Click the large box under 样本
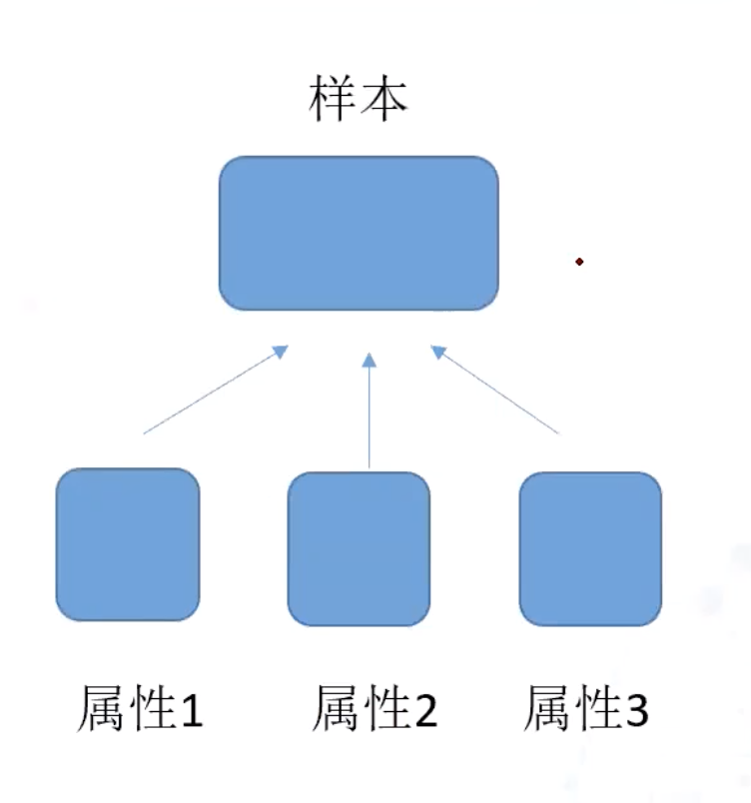point(359,233)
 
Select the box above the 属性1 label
point(128,544)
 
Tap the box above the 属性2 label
point(359,548)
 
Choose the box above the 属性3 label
point(590,548)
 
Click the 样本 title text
point(358,98)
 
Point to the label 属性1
point(140,708)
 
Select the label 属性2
point(375,708)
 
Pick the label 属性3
point(586,708)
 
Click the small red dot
point(579,262)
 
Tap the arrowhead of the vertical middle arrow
point(369,360)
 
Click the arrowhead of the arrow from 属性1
point(281,352)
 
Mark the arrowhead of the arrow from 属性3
point(438,352)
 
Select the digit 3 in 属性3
point(637,710)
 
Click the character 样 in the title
point(332,98)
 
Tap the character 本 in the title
point(383,98)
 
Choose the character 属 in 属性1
point(101,708)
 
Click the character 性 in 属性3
point(598,708)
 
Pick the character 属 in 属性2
point(336,708)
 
